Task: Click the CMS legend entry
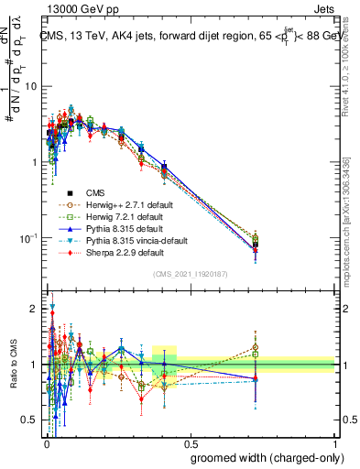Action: pyautogui.click(x=96, y=192)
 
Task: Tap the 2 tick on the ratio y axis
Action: pyautogui.click(x=35, y=309)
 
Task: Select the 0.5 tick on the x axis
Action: pyautogui.click(x=190, y=441)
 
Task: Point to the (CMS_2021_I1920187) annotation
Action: pyautogui.click(x=190, y=274)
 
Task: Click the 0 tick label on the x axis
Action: pyautogui.click(x=45, y=441)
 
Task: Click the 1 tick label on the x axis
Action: pyautogui.click(x=334, y=441)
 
